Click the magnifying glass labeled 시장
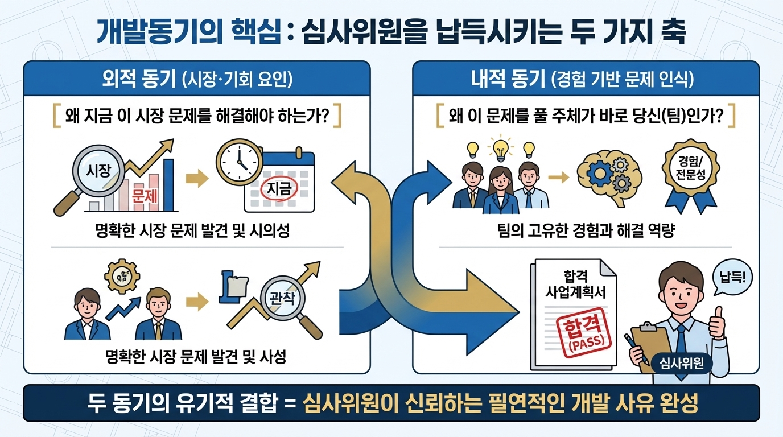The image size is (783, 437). point(97,171)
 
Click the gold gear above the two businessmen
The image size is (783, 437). point(122,277)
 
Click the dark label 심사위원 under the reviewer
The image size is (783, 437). point(681,362)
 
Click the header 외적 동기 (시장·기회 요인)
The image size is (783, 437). point(196,79)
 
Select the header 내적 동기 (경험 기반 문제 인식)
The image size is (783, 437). point(586,79)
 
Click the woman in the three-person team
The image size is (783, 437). point(501,183)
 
